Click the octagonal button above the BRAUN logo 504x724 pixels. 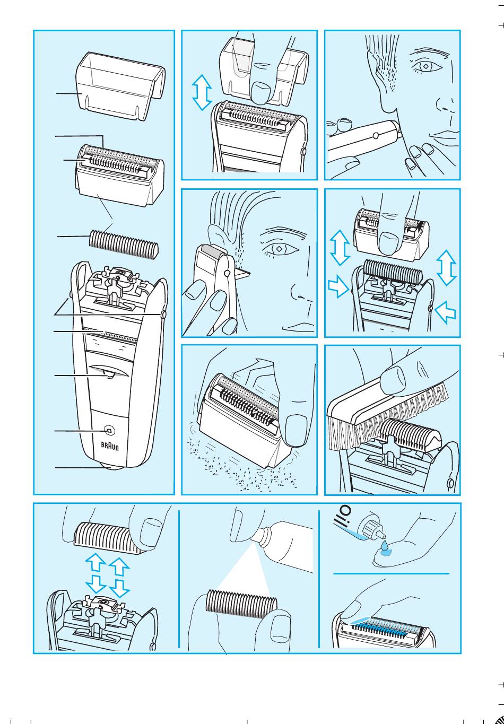(109, 431)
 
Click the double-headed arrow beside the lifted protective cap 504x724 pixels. (202, 92)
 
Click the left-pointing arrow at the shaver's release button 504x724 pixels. (446, 311)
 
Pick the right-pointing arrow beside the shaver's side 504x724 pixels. (338, 285)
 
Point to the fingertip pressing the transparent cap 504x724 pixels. (260, 92)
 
